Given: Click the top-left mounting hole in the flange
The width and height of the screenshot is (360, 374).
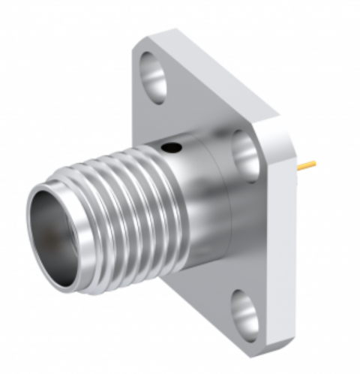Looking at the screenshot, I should [x=155, y=78].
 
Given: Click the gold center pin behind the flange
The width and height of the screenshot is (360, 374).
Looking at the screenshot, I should [x=304, y=166].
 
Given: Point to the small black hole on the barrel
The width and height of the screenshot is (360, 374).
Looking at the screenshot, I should [x=174, y=149].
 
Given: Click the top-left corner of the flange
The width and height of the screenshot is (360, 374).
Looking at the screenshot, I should [x=138, y=47].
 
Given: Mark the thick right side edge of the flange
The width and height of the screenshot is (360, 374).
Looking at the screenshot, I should [x=283, y=240].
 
